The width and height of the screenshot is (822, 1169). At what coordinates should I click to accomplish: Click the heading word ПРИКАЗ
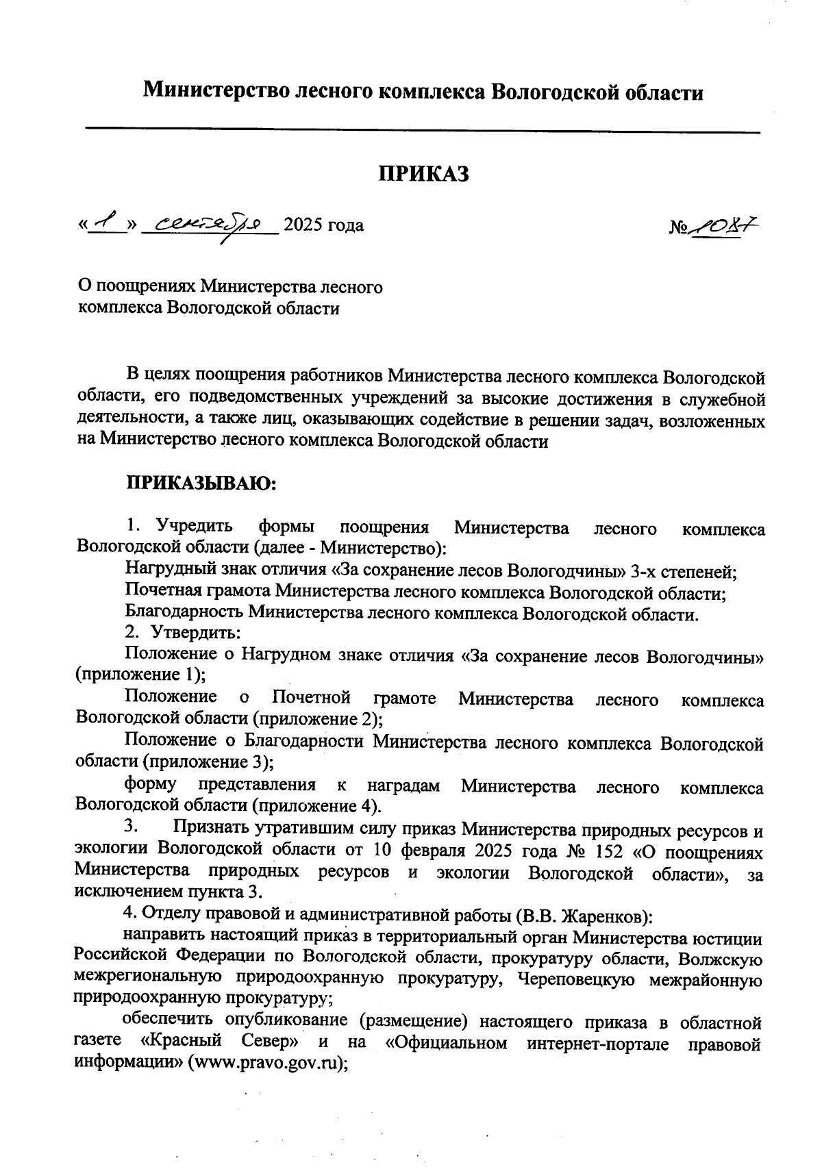click(424, 174)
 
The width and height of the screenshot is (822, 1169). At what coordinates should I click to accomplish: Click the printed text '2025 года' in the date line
click(323, 225)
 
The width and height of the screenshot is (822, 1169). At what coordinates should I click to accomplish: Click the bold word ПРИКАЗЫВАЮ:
click(200, 484)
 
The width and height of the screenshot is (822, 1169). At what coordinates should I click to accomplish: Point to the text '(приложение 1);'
click(141, 675)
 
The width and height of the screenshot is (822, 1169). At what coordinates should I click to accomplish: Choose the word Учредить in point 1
click(195, 527)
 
